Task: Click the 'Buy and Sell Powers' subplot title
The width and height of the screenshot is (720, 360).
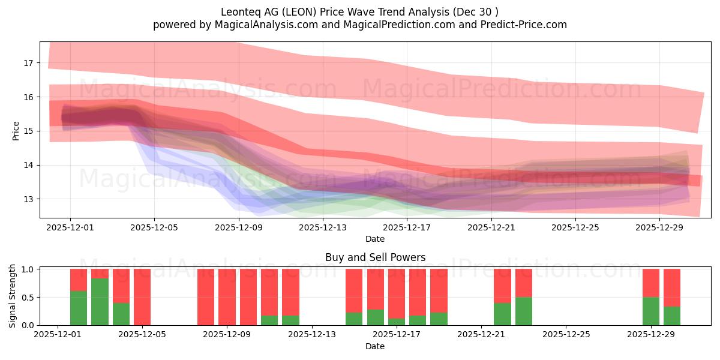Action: click(375, 257)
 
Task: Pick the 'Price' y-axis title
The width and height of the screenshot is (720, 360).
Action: click(16, 131)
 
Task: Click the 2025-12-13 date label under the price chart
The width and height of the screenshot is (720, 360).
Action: click(323, 227)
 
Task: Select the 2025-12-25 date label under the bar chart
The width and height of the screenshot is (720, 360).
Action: click(566, 335)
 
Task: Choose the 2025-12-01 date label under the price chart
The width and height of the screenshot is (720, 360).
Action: click(70, 227)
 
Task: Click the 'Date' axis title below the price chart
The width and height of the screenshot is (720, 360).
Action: click(375, 239)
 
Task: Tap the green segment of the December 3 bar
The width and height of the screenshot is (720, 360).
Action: click(100, 302)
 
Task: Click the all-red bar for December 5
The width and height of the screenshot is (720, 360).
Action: click(142, 297)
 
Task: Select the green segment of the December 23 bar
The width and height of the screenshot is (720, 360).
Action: click(524, 311)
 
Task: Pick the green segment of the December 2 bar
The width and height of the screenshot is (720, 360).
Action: click(79, 308)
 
